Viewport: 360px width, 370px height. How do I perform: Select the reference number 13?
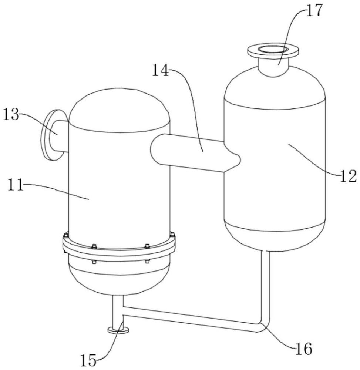point(11,115)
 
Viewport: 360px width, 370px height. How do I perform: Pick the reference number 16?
point(303,348)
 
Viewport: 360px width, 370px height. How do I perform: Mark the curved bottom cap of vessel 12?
point(276,235)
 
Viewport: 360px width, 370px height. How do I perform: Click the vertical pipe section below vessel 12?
point(265,285)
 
